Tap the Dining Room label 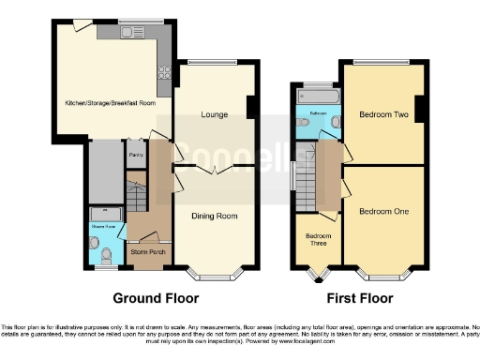214,217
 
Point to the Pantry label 135,154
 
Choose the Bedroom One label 384,211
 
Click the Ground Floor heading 156,299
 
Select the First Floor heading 358,299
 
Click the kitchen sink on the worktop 134,33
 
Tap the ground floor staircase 137,198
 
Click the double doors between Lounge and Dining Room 214,169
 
